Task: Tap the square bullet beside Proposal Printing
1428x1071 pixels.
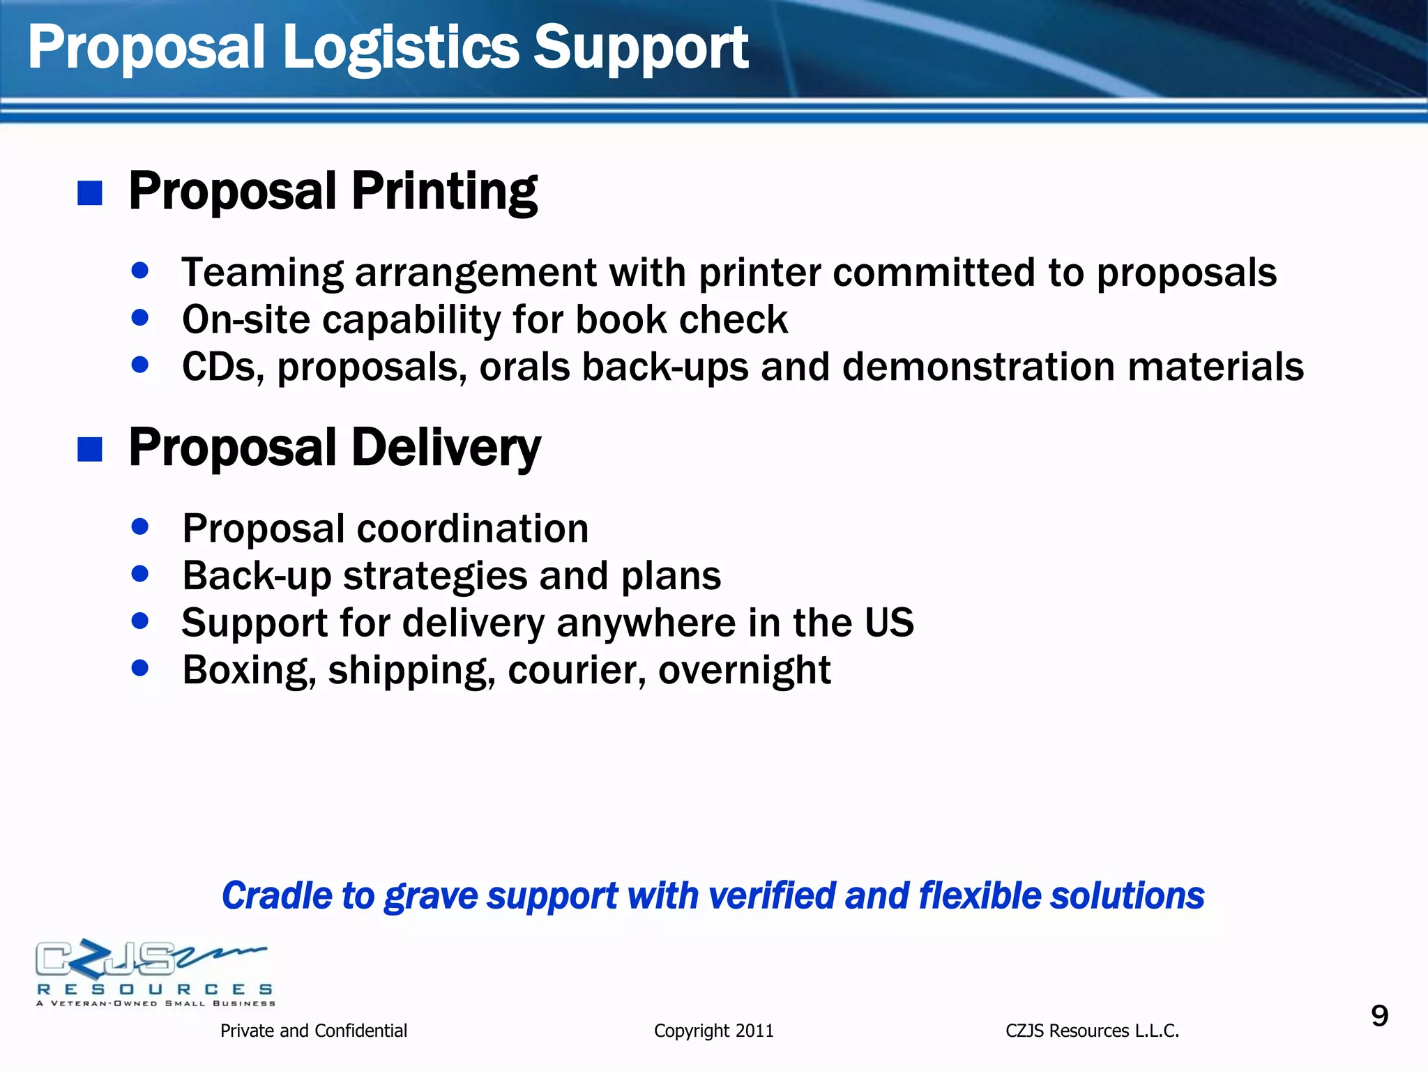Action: (90, 193)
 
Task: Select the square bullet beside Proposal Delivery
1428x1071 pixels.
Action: (90, 450)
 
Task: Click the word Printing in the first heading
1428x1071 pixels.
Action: (444, 191)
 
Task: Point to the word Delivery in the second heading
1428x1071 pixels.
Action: (446, 448)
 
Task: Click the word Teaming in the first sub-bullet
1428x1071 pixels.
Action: (262, 273)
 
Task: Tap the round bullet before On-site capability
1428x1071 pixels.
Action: (140, 318)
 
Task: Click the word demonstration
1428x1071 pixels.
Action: (978, 367)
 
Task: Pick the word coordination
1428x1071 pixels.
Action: (473, 529)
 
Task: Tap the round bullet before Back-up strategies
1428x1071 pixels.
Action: (140, 574)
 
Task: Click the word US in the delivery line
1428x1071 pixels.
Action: (889, 622)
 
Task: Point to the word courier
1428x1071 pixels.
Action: (577, 670)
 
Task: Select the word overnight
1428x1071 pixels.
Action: (744, 670)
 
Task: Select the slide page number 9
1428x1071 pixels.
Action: (1379, 1016)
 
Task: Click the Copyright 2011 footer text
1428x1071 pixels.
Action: (713, 1031)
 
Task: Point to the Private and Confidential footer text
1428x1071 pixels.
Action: (313, 1031)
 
